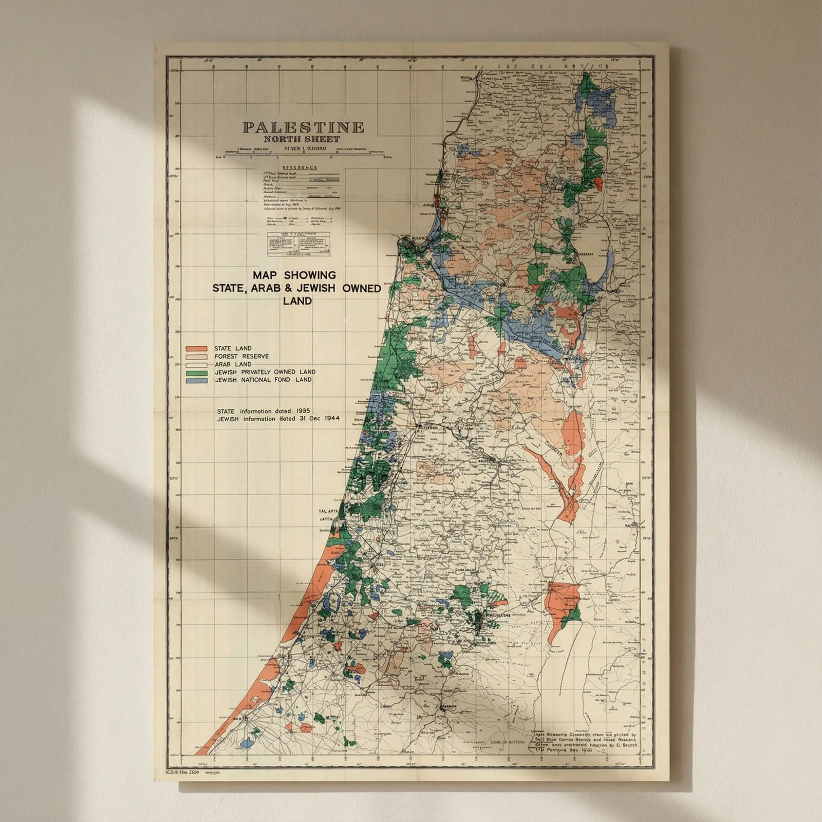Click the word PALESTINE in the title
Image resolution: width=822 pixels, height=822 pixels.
pos(304,127)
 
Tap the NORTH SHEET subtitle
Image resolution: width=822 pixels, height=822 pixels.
pos(302,139)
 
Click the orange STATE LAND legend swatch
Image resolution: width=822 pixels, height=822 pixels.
pos(196,348)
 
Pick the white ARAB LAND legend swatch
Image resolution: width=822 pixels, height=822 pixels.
pos(196,364)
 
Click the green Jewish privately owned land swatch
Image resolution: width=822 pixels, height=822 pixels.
pos(196,372)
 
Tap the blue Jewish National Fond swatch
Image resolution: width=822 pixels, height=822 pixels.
pos(196,380)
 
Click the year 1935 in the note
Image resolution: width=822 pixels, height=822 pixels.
pos(303,412)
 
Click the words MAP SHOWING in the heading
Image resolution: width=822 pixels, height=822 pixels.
pos(294,275)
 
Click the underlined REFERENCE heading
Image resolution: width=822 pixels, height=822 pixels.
pos(300,168)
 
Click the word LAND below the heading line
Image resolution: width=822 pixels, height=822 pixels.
pos(297,301)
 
